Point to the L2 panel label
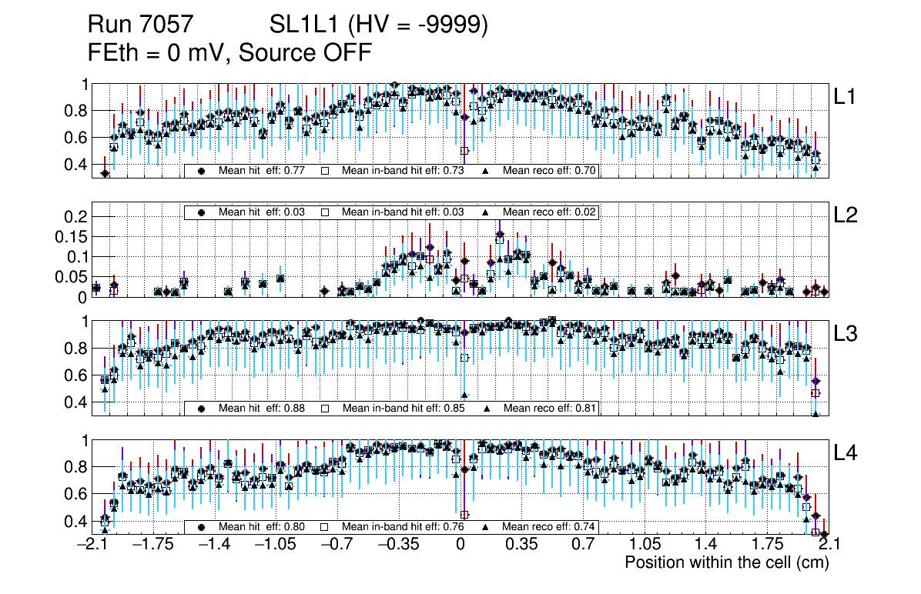click(846, 215)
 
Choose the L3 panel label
click(846, 334)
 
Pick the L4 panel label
click(846, 453)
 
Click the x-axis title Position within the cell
click(726, 562)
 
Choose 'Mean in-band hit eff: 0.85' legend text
click(403, 408)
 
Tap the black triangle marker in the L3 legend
click(487, 408)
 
